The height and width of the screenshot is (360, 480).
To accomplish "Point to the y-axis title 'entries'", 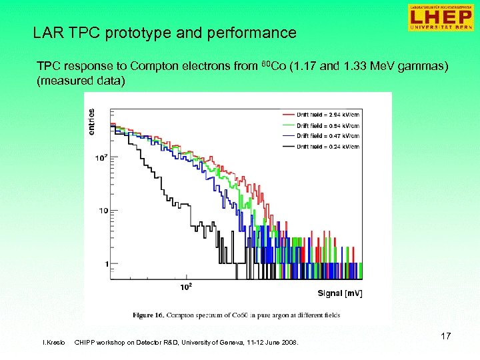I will [x=91, y=121].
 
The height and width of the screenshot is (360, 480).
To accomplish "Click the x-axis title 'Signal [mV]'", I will [x=340, y=293].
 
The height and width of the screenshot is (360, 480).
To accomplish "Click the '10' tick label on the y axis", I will [x=103, y=211].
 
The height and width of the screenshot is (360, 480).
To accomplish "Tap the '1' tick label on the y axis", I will [x=107, y=264].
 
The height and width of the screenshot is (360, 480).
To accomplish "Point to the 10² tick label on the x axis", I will [x=187, y=287].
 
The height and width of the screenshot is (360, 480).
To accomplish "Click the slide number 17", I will [x=445, y=336].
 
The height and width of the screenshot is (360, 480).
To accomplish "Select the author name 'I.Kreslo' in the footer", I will [x=54, y=343].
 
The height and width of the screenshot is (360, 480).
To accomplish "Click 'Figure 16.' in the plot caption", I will [x=151, y=313].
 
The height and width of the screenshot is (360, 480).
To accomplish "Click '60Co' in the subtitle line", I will [x=270, y=67].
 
